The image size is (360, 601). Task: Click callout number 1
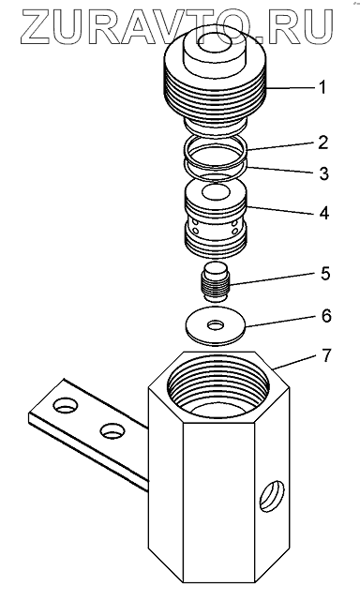coord(322,87)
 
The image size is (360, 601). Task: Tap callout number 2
coord(323,143)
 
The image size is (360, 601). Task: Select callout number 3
coord(324,173)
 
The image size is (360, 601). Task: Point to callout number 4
coord(324,213)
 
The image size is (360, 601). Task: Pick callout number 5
coord(325,274)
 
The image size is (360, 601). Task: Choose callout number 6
coord(325,316)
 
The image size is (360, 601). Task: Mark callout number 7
coord(325,356)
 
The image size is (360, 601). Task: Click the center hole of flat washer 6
coord(217,325)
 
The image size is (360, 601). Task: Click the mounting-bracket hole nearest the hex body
coord(112,431)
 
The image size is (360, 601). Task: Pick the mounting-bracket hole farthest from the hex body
coord(67,406)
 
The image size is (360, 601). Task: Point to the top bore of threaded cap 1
coord(216,42)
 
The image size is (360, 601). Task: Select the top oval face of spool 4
coord(216,192)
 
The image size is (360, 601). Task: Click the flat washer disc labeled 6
coord(217,324)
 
